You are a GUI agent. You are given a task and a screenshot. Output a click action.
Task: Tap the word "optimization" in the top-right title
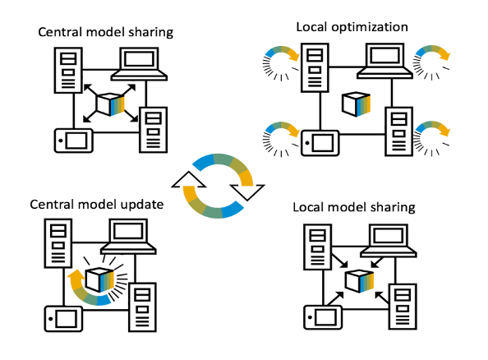pyautogui.click(x=370, y=27)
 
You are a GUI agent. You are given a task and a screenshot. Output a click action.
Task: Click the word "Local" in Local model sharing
pyautogui.click(x=307, y=207)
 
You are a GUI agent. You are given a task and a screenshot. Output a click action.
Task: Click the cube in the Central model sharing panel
pyautogui.click(x=110, y=104)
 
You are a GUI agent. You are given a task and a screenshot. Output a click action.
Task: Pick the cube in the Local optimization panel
pyautogui.click(x=356, y=104)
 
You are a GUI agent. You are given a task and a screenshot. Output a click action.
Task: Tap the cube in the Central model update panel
pyautogui.click(x=99, y=279)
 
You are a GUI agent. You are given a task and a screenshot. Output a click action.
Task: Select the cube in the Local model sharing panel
pyautogui.click(x=359, y=281)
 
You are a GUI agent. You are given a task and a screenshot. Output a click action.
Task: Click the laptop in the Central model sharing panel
pyautogui.click(x=139, y=64)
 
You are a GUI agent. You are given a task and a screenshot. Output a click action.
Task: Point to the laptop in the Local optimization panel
pyautogui.click(x=385, y=61)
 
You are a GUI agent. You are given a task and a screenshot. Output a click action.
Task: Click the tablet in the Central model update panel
pyautogui.click(x=63, y=319)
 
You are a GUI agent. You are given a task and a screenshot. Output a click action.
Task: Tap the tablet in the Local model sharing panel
pyautogui.click(x=323, y=317)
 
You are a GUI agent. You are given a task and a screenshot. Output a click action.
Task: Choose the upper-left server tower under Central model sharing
pyautogui.click(x=68, y=70)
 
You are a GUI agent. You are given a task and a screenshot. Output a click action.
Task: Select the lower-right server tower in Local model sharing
pyautogui.click(x=403, y=307)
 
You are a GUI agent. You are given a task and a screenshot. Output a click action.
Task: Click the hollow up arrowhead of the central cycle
pyautogui.click(x=189, y=180)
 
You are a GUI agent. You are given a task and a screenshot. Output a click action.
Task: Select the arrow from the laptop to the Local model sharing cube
pyautogui.click(x=378, y=262)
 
